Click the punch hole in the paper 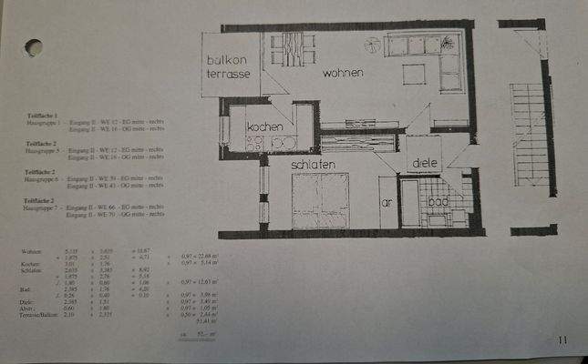33,47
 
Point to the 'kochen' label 264,127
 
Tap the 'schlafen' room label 313,164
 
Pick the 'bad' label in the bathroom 438,202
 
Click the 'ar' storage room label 386,202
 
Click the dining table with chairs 292,49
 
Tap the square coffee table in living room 414,75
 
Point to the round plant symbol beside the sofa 372,45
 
